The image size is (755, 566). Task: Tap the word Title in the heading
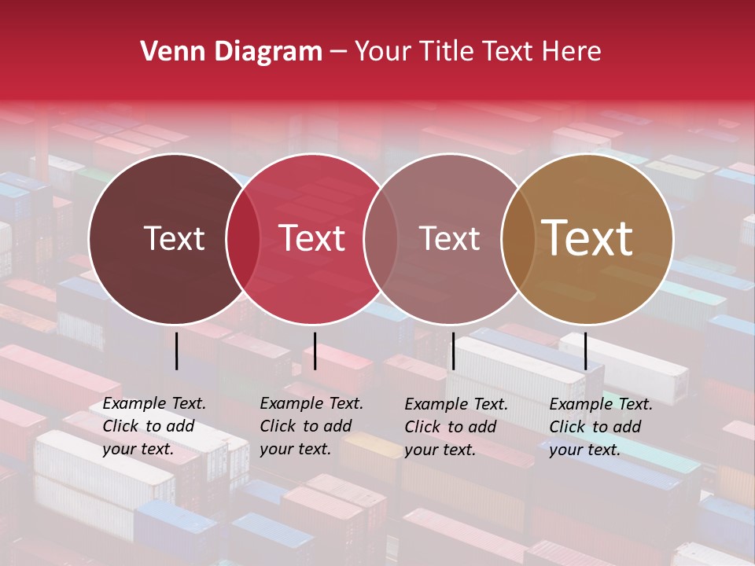tap(447, 52)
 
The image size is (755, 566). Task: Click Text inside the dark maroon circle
tap(174, 238)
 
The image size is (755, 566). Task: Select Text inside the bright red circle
tap(312, 238)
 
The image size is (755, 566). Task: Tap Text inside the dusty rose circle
tap(450, 238)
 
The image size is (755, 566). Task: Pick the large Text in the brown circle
tap(587, 238)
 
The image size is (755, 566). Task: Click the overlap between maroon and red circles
tap(243, 238)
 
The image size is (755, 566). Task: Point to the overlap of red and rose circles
tap(381, 238)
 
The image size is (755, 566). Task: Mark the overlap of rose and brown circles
tap(518, 238)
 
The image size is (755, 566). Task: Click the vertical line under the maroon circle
tap(176, 351)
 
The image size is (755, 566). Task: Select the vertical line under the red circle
tap(315, 351)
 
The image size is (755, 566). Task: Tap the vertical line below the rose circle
tap(453, 351)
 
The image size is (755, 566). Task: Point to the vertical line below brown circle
tap(585, 351)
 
